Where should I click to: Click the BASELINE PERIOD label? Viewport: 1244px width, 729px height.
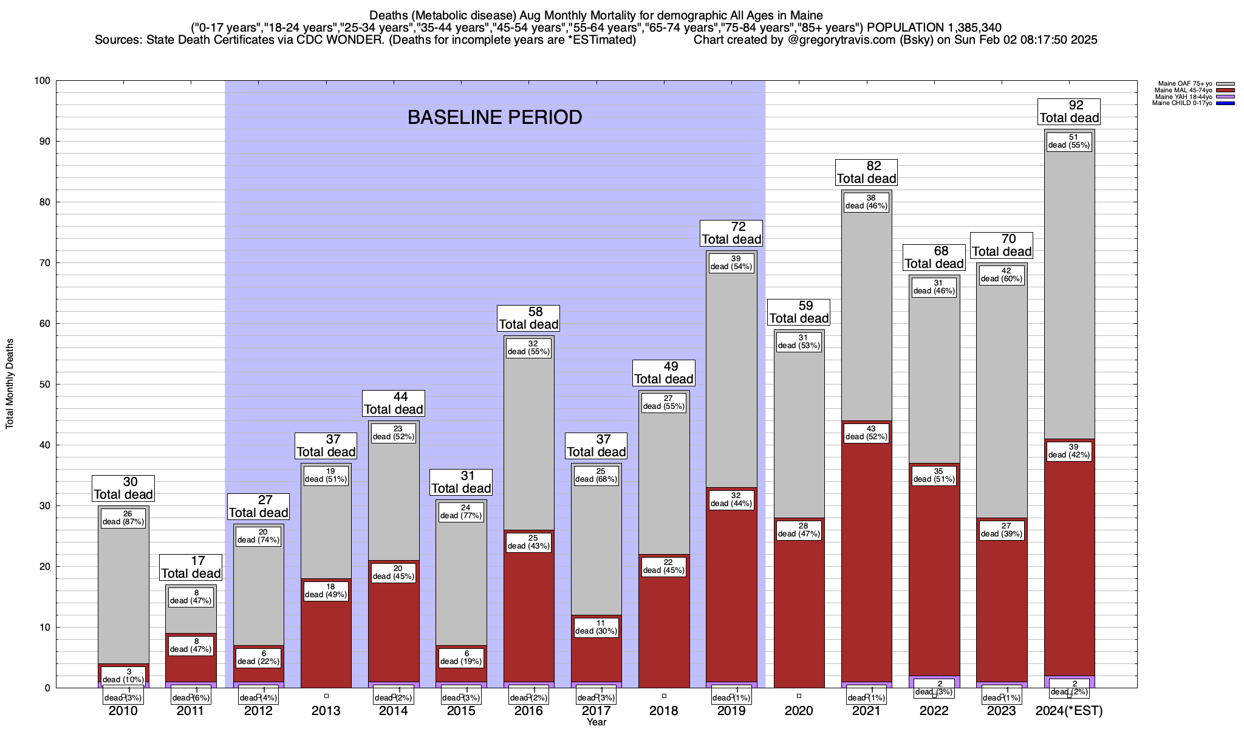494,117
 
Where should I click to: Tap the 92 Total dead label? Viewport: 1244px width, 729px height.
1069,112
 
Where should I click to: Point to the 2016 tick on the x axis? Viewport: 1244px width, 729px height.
528,711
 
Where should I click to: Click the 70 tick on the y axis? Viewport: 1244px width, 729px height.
46,263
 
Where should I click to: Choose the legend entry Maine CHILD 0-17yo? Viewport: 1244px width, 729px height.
1184,103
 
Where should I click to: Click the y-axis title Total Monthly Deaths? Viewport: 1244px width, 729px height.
10,384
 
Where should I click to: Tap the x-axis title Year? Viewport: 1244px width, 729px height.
596,722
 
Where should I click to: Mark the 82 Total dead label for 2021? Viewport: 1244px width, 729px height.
866,173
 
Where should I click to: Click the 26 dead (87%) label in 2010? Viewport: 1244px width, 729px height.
123,518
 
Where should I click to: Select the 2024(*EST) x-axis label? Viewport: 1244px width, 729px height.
1069,711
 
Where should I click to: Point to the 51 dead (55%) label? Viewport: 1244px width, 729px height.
1069,141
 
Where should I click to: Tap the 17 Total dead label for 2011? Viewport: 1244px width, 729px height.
191,567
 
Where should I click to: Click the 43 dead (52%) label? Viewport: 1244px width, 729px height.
866,433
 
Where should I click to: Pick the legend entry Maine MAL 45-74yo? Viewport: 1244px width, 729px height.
1184,91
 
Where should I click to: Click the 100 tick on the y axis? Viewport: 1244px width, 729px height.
44,81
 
